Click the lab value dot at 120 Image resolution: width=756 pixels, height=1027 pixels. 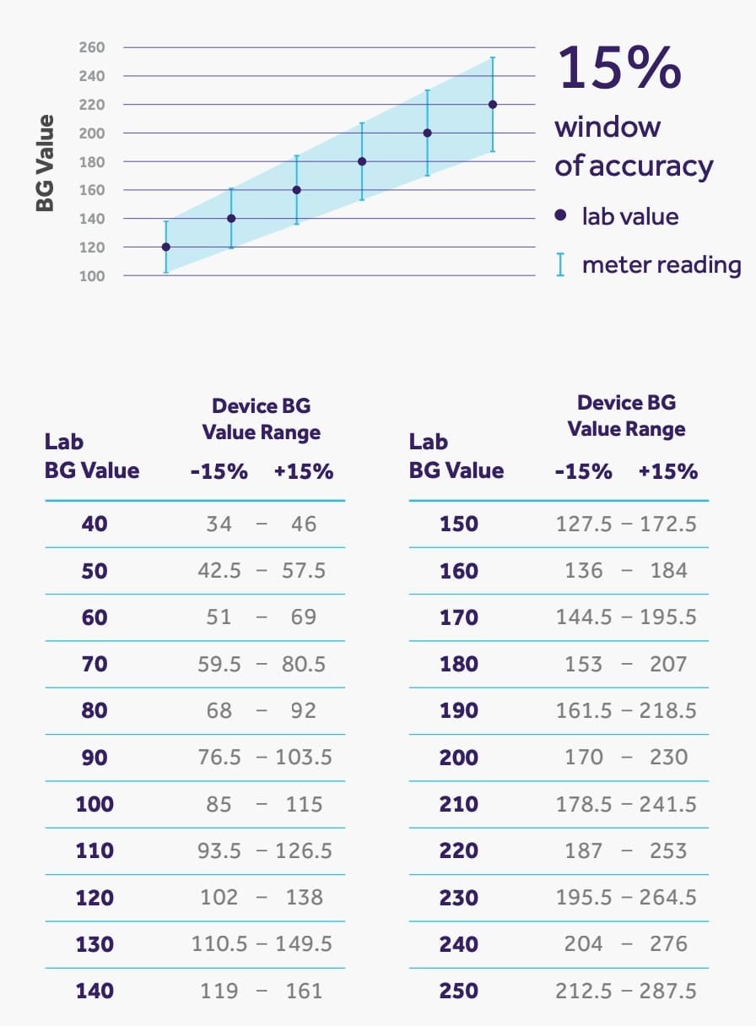click(165, 247)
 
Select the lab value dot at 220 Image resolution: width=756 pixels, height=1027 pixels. click(493, 105)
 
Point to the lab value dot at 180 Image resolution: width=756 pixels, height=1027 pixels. click(362, 161)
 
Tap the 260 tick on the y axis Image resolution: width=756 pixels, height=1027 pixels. click(93, 47)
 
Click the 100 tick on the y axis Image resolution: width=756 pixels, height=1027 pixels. click(93, 276)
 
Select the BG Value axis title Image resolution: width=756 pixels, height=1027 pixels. click(46, 162)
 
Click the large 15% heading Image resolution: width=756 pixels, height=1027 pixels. click(618, 68)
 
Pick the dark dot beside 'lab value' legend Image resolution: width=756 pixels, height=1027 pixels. click(560, 216)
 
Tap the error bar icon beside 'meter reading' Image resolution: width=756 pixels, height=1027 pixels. click(560, 265)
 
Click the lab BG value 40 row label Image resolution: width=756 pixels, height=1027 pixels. click(94, 524)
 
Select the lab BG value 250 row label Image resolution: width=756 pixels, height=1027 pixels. click(459, 991)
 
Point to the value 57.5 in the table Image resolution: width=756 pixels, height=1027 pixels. click(304, 571)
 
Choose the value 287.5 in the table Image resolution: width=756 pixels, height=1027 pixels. click(668, 991)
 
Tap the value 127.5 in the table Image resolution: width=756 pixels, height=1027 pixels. click(584, 524)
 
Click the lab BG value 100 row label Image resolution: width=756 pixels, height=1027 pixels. click(94, 804)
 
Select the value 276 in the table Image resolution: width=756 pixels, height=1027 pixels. click(669, 944)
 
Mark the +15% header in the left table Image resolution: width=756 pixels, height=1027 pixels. click(304, 471)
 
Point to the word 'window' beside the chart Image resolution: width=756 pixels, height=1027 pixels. click(607, 128)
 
